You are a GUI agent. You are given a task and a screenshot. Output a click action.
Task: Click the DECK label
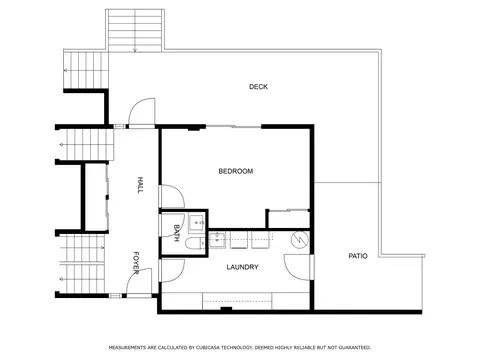258,87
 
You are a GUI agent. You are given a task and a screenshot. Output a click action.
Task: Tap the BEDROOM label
236,171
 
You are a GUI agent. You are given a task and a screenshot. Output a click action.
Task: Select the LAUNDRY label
242,267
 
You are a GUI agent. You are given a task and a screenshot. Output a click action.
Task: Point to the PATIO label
358,256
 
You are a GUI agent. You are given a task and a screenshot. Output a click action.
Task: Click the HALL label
140,185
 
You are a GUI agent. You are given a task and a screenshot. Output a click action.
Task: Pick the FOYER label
136,263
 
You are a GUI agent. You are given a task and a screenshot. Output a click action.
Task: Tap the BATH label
177,233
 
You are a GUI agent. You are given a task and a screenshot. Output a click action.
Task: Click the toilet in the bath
196,243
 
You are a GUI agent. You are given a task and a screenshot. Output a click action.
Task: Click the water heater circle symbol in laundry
299,239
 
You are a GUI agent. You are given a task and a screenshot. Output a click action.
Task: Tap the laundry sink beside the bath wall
217,240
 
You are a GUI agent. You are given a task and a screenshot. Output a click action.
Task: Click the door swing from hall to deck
142,112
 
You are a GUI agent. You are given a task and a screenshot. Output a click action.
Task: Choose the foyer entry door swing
139,282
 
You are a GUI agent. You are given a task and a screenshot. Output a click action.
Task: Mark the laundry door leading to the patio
298,267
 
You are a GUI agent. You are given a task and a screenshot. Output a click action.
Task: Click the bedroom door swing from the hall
172,197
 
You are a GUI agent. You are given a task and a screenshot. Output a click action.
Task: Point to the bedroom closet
289,219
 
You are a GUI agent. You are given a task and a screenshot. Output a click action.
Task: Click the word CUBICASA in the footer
200,348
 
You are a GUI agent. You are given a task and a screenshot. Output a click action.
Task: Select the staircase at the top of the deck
135,31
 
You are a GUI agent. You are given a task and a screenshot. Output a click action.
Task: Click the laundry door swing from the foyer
172,271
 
